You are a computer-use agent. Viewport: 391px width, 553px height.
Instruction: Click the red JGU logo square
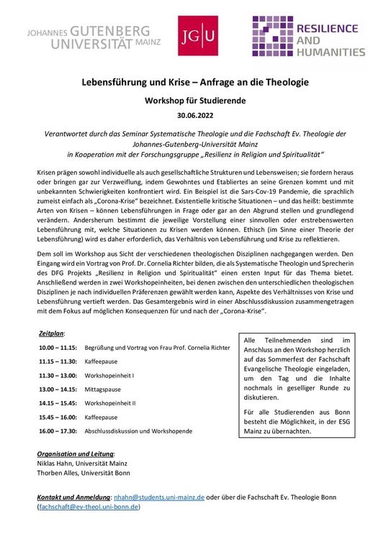point(198,36)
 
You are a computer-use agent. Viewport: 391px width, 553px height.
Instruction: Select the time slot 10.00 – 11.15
point(60,348)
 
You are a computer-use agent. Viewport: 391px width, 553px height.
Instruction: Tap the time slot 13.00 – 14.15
point(60,387)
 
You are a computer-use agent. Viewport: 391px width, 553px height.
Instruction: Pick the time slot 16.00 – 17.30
point(60,431)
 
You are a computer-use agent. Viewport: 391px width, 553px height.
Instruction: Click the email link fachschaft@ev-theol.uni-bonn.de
point(89,507)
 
